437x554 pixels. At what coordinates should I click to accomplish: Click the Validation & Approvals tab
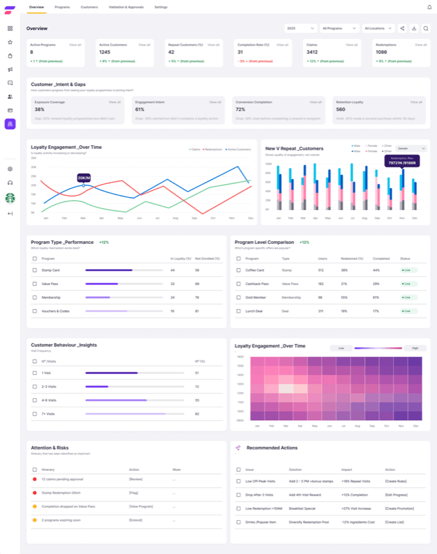coord(126,7)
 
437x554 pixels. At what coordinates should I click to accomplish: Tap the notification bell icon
coord(429,7)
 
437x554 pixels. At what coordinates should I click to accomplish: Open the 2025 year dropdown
coord(301,28)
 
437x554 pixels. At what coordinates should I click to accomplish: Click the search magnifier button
coord(425,28)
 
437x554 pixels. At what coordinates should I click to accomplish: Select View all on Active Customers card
coord(144,45)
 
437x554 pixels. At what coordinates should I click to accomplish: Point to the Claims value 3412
coord(312,52)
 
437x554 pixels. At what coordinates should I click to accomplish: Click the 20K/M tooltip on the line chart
coord(84,178)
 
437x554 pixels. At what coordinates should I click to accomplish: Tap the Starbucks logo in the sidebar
coord(10,198)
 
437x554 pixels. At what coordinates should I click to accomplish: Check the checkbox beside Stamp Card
coord(35,270)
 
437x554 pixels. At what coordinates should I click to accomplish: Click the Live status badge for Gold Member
coord(407,297)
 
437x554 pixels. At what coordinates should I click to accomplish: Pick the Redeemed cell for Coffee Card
coord(344,270)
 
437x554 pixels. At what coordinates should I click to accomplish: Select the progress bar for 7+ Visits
coord(134,414)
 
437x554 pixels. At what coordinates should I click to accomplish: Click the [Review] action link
coord(136,478)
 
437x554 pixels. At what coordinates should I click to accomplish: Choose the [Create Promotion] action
coord(401,508)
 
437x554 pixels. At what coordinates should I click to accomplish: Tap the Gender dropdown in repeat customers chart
coord(412,148)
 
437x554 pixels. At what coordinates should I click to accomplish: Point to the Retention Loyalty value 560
coord(340,109)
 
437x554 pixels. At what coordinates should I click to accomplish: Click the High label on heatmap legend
coord(415,348)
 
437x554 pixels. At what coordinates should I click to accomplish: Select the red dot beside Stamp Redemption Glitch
coord(35,493)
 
